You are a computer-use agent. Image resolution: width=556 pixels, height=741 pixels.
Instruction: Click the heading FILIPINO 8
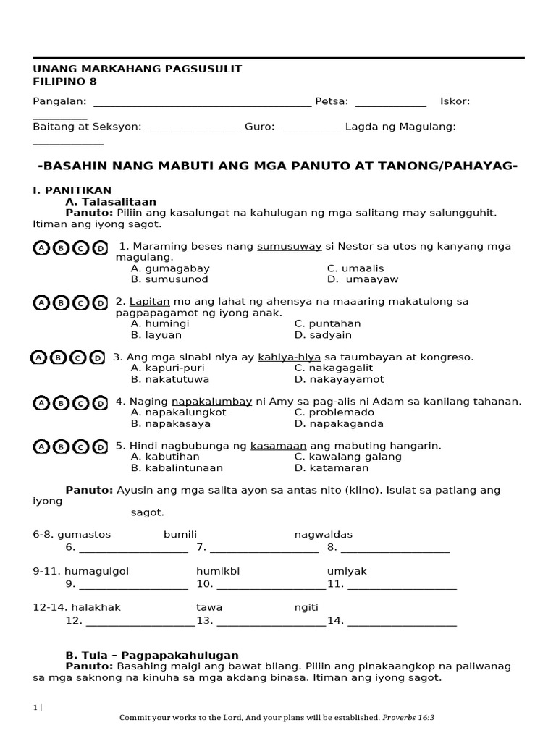pos(64,82)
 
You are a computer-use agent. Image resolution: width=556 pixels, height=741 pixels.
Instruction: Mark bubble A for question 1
pos(41,248)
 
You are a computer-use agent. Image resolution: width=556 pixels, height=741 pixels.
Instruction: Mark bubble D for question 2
pos(100,302)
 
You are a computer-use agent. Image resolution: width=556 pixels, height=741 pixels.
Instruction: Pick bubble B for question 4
pos(61,403)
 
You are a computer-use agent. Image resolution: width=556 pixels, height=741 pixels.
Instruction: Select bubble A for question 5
pos(41,447)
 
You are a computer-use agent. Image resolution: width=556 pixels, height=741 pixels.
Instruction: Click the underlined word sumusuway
pos(289,246)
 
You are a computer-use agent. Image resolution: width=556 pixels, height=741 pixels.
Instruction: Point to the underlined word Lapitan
pos(149,301)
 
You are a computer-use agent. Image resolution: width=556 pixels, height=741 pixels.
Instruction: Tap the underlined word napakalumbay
pos(211,402)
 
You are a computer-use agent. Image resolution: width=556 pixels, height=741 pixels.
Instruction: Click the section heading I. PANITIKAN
pos(72,190)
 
